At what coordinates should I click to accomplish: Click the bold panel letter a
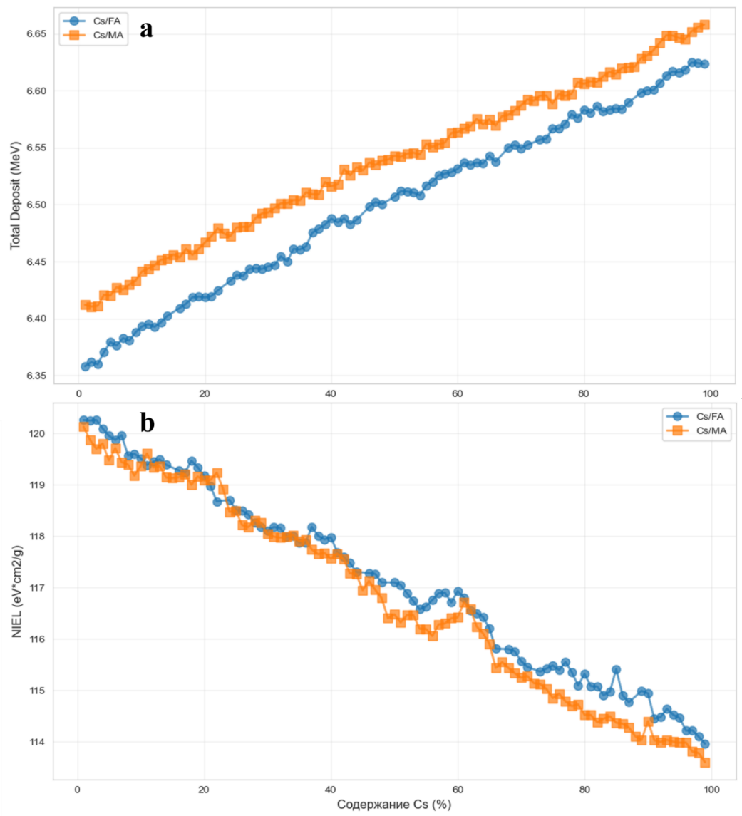147,29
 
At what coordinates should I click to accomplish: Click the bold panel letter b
147,423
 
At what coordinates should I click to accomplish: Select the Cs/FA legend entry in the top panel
97,21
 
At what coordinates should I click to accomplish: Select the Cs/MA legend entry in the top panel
97,35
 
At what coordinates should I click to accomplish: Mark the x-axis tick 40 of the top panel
331,393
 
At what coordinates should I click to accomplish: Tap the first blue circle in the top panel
86,366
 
